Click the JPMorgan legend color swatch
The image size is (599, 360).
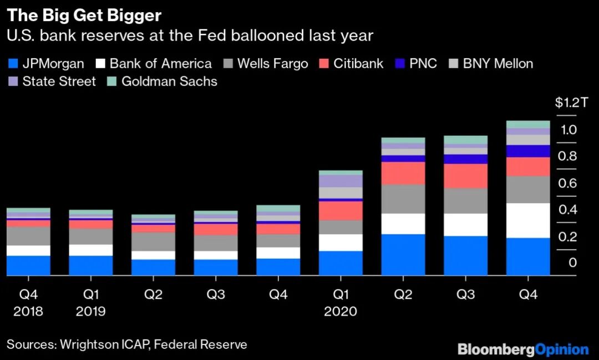pos(13,63)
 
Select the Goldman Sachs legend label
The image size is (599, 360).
pos(169,82)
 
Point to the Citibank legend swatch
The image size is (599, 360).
pos(324,63)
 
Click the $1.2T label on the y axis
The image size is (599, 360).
pos(571,103)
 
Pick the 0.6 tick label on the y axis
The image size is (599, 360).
pos(567,183)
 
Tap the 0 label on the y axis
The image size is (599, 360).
pos(572,262)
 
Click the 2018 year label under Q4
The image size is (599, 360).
pos(28,311)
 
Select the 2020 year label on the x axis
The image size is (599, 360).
pos(341,311)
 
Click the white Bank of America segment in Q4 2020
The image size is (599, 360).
pos(528,221)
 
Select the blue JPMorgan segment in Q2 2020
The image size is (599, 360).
pos(403,255)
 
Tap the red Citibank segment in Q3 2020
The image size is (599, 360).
pos(466,176)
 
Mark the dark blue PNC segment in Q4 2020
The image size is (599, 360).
pos(528,151)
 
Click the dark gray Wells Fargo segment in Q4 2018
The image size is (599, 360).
pos(28,236)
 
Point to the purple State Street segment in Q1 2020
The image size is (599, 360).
pos(341,181)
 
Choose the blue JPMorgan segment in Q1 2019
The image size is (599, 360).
pos(91,266)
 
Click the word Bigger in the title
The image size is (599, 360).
pos(134,16)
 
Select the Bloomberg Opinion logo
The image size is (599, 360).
pos(523,349)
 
